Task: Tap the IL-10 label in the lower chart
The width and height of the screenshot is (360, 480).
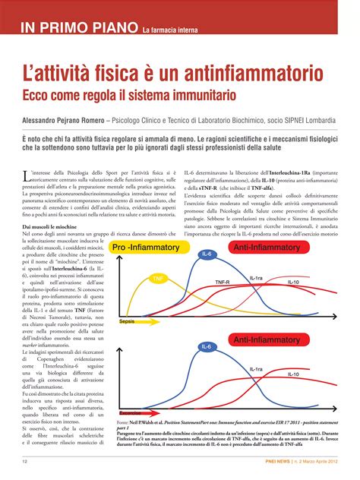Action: (293, 374)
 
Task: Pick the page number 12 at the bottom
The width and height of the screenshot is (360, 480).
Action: (25, 461)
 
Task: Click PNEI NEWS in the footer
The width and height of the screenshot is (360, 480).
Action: (274, 461)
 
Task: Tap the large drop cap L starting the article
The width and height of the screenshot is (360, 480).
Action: (27, 176)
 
